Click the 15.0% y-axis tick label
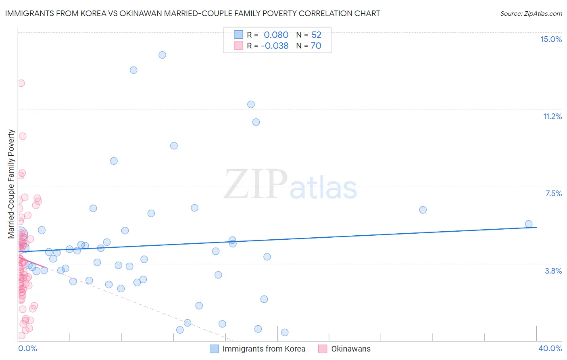click(x=551, y=39)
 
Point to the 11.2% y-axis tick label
click(x=552, y=116)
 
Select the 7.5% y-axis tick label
click(x=553, y=193)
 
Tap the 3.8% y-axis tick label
click(x=553, y=271)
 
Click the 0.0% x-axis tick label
click(x=27, y=348)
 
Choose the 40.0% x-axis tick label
click(x=550, y=348)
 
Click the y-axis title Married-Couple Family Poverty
click(x=11, y=184)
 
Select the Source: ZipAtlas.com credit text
click(x=531, y=13)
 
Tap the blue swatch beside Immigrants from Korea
click(x=214, y=349)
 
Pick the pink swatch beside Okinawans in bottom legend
click(x=323, y=349)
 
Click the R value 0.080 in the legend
click(x=276, y=35)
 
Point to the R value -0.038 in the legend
click(x=275, y=46)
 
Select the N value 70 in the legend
click(x=316, y=46)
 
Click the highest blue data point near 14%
click(x=162, y=55)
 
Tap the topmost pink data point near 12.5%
click(x=21, y=83)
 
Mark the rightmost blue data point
click(x=529, y=224)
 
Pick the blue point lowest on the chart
click(x=285, y=333)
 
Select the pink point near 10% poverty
click(x=23, y=136)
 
